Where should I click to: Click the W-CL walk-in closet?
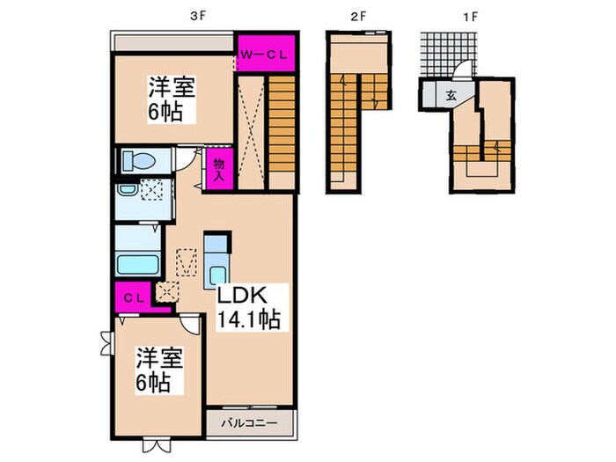pos(264,53)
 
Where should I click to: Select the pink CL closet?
pos(129,296)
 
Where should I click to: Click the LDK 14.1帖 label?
pos(249,306)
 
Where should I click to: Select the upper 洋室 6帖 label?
pos(170,99)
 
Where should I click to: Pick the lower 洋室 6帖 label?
pos(158,370)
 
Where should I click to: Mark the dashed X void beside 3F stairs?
pos(252,132)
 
